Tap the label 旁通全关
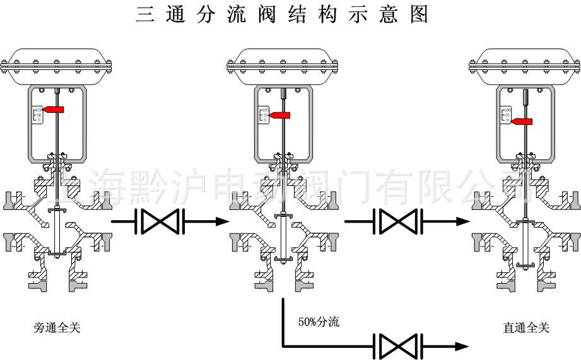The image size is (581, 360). click(57, 328)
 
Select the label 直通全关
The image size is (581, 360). click(526, 328)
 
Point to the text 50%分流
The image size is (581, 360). click(319, 322)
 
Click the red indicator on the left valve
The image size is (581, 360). click(55, 110)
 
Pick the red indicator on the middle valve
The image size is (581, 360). click(281, 115)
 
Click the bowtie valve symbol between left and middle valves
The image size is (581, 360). click(160, 221)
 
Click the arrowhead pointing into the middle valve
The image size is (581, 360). click(221, 221)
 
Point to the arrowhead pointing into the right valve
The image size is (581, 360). click(463, 221)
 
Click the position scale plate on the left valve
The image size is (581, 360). click(37, 115)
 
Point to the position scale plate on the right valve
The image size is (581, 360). click(505, 115)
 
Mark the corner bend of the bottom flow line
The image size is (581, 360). click(283, 345)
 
